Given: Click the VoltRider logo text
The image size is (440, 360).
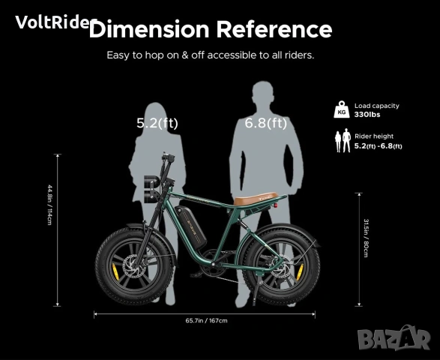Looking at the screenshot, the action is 55,22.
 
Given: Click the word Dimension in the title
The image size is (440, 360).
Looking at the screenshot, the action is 149,29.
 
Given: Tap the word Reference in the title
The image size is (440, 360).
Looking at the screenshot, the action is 274,29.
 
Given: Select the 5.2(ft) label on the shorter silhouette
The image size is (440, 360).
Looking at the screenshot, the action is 157,123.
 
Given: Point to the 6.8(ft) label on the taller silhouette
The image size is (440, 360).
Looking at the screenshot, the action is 266,123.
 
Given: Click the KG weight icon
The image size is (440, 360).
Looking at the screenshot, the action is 342,109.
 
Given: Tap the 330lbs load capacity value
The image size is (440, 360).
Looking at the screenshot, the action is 367,115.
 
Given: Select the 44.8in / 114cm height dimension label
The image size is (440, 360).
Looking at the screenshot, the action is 49,205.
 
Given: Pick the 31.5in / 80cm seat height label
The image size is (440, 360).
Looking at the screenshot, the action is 366,238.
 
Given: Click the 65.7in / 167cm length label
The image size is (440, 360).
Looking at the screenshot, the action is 206,320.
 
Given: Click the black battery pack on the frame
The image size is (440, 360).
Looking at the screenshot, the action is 191,226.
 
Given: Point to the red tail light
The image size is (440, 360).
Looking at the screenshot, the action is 276,205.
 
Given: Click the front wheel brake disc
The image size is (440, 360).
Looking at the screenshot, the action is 136,267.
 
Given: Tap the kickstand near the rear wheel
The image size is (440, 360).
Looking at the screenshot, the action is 256,289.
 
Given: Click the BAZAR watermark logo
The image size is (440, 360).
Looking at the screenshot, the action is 394,337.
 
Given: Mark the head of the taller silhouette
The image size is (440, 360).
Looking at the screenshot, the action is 262,94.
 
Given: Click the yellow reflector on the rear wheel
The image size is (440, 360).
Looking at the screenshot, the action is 300,271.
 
